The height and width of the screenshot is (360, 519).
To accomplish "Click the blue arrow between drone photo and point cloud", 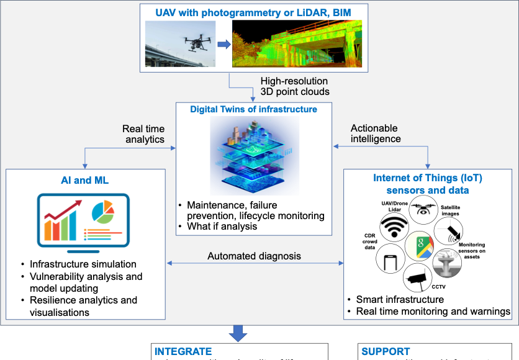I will click(223, 44).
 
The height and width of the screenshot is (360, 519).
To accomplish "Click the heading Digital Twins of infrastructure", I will click(254, 109).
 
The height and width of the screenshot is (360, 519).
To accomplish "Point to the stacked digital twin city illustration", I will click(254, 155).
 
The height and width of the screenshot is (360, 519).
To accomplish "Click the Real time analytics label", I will click(143, 134).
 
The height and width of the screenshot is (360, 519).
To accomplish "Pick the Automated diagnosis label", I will click(254, 256).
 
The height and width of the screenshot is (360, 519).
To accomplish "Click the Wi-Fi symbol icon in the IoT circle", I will click(390, 228).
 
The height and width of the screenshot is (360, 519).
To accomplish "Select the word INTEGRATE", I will click(183, 351).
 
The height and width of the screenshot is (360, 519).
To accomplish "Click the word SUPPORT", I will click(386, 351).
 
